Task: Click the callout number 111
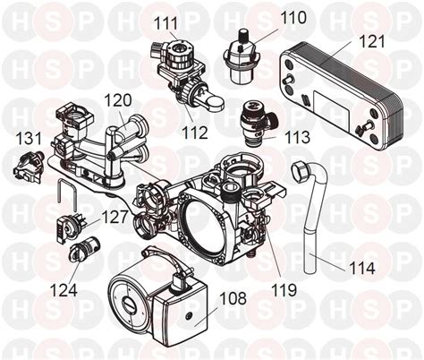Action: click(x=164, y=21)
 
